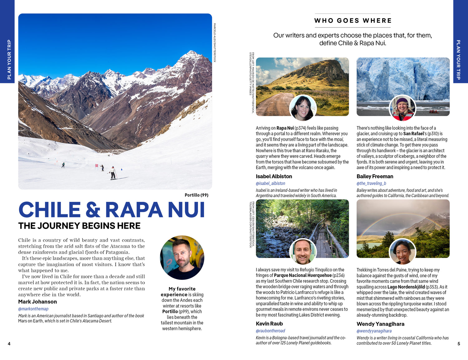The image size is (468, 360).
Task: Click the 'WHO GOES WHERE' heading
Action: pos(353,21)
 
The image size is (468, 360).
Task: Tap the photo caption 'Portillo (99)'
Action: pos(196,195)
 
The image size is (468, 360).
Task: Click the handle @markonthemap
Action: pos(33,309)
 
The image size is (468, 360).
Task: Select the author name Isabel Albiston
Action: pos(274,176)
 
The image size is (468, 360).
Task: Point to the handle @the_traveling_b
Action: pos(371,183)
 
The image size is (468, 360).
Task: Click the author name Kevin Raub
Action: pos(269,324)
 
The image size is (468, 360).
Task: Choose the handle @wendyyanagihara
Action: pos(374,331)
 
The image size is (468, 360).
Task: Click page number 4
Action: pos(9,344)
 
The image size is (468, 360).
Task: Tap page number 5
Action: pos(459,344)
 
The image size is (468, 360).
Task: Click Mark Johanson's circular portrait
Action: pos(182,258)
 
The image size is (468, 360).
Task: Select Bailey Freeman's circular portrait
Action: pos(402,108)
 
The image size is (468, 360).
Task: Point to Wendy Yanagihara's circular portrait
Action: pos(402,251)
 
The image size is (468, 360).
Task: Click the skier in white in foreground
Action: pos(113,173)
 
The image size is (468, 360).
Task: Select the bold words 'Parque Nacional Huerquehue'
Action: pos(303,275)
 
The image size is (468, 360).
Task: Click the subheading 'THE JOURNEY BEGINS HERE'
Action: pos(79,226)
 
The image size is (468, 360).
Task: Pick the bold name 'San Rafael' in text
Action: pos(413,134)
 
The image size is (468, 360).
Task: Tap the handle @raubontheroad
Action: pos(271,331)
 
